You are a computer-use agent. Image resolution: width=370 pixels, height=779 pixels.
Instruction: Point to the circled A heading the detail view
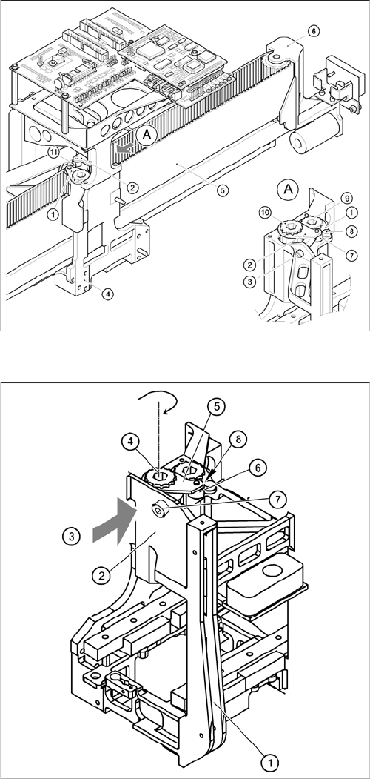tap(287, 189)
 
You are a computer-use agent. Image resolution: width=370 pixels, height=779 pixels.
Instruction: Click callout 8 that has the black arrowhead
tap(238, 439)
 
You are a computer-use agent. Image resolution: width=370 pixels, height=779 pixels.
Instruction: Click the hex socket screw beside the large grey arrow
tap(158, 508)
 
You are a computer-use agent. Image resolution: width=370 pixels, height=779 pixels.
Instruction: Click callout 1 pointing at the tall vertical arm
tap(269, 762)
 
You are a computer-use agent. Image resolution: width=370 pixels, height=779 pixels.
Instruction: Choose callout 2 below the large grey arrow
tap(102, 576)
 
